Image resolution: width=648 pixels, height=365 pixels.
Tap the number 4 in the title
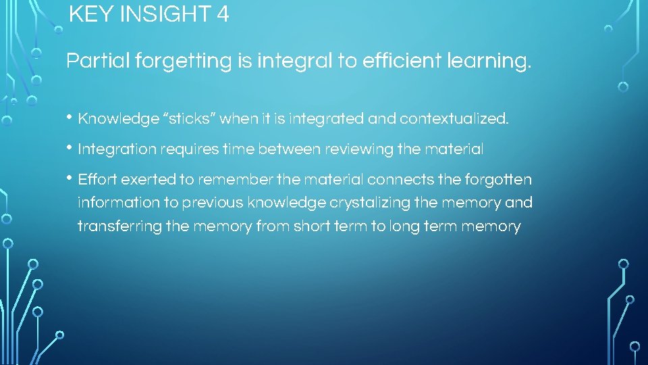pyautogui.click(x=223, y=14)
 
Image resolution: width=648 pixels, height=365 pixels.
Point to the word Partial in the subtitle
pyautogui.click(x=98, y=62)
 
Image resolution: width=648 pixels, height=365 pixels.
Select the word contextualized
pyautogui.click(x=454, y=120)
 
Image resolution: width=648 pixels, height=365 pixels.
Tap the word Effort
pyautogui.click(x=95, y=180)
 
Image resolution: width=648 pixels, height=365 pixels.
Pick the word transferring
pyautogui.click(x=119, y=226)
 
